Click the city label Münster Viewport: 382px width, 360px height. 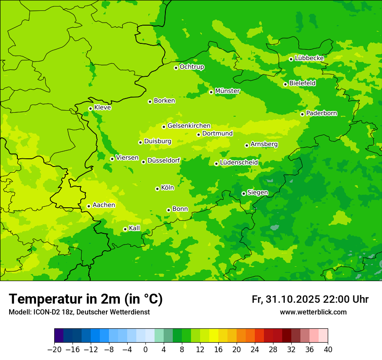(227, 91)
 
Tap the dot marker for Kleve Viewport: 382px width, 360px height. (90, 108)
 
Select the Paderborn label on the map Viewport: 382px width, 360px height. (321, 113)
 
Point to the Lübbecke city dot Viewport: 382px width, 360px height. (291, 59)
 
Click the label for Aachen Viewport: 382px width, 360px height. (104, 205)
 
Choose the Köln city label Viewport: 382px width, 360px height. (167, 188)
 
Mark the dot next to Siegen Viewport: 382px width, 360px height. (244, 193)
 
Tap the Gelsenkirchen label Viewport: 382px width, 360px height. (189, 126)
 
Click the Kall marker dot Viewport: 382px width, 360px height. (125, 229)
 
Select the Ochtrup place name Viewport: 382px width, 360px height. (191, 67)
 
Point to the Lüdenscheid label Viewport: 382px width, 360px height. (239, 163)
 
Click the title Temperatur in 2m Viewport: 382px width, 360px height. (86, 299)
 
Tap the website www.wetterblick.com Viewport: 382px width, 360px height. (313, 312)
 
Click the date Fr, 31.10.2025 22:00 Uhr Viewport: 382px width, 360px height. (310, 299)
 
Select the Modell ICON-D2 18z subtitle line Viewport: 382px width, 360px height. (79, 312)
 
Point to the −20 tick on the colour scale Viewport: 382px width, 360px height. (54, 350)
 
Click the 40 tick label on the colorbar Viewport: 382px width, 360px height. (328, 350)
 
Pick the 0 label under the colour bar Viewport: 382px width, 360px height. (145, 350)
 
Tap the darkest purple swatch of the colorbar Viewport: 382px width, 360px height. (59, 336)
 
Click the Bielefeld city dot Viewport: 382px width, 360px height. (285, 84)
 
